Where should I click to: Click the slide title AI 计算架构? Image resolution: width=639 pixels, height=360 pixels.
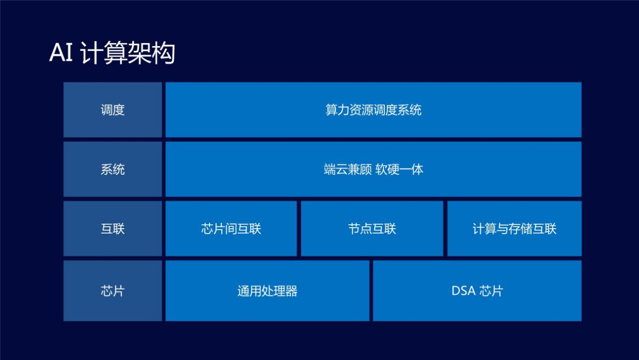click(x=112, y=53)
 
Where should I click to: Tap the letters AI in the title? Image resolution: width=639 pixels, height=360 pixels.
click(x=61, y=53)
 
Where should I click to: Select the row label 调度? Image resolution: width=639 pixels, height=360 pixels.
click(x=113, y=110)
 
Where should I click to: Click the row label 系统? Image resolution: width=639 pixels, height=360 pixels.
click(x=113, y=169)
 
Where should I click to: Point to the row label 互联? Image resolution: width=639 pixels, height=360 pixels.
click(x=113, y=229)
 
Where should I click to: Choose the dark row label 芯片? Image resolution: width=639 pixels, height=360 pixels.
click(x=113, y=290)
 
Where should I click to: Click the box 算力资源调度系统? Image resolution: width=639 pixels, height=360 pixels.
click(x=374, y=110)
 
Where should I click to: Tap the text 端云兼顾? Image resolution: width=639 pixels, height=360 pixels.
click(x=348, y=169)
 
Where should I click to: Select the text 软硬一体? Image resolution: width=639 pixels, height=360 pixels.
click(x=399, y=169)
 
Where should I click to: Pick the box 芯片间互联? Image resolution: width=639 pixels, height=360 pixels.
click(x=231, y=229)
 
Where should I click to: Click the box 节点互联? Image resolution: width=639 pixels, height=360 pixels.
click(x=372, y=229)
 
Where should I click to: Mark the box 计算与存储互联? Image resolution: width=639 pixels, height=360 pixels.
click(x=514, y=229)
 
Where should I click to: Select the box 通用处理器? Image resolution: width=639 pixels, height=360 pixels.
click(x=267, y=290)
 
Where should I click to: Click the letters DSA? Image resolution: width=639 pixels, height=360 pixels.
click(x=464, y=291)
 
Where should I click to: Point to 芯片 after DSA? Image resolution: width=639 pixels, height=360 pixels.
click(x=491, y=291)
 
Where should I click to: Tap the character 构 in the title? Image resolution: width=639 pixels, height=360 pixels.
click(x=163, y=53)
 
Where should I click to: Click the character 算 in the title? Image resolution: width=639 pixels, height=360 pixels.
click(x=115, y=53)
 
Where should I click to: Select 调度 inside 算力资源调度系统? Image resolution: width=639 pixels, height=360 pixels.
click(x=385, y=110)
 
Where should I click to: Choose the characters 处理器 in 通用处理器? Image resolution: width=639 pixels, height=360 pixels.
click(x=279, y=291)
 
